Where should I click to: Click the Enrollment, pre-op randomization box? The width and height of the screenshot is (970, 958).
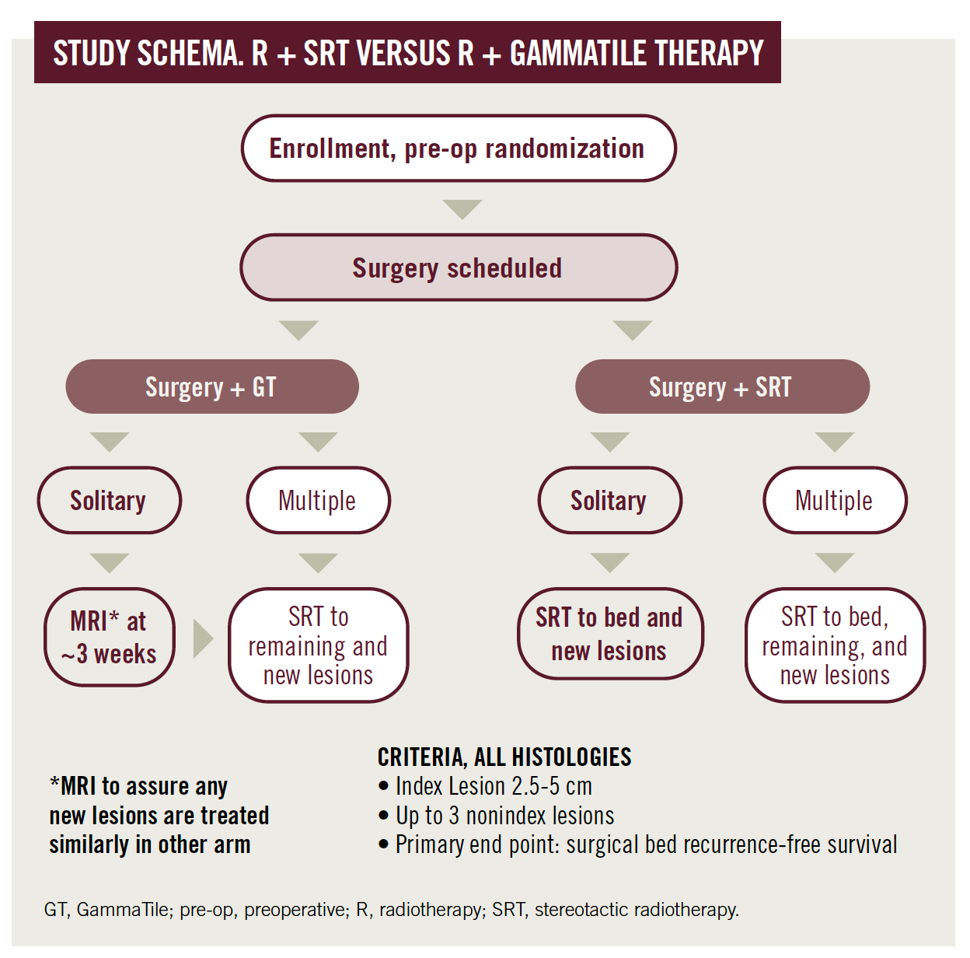(458, 149)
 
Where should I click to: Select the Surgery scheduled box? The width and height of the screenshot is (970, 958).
(458, 267)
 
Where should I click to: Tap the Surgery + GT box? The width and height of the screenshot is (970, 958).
(211, 386)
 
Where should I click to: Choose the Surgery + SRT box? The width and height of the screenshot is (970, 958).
(721, 386)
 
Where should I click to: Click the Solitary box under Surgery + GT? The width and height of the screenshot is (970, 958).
(109, 500)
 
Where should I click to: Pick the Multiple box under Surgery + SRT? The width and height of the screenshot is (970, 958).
(834, 500)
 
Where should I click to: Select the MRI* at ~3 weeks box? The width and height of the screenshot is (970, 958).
(109, 637)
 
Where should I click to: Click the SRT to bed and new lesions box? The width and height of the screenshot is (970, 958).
(609, 633)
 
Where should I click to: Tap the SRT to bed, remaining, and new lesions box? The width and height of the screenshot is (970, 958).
(835, 645)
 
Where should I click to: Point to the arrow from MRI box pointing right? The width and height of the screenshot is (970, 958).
(202, 638)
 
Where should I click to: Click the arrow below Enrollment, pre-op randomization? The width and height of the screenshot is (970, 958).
(462, 209)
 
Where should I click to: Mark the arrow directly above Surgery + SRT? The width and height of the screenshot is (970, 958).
(632, 330)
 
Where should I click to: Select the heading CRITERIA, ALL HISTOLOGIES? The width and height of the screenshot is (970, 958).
(504, 757)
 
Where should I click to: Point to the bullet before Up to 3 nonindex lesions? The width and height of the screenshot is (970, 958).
(383, 816)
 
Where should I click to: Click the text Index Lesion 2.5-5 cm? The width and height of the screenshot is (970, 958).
(494, 786)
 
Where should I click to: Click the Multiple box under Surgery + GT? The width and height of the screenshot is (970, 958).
(318, 500)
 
